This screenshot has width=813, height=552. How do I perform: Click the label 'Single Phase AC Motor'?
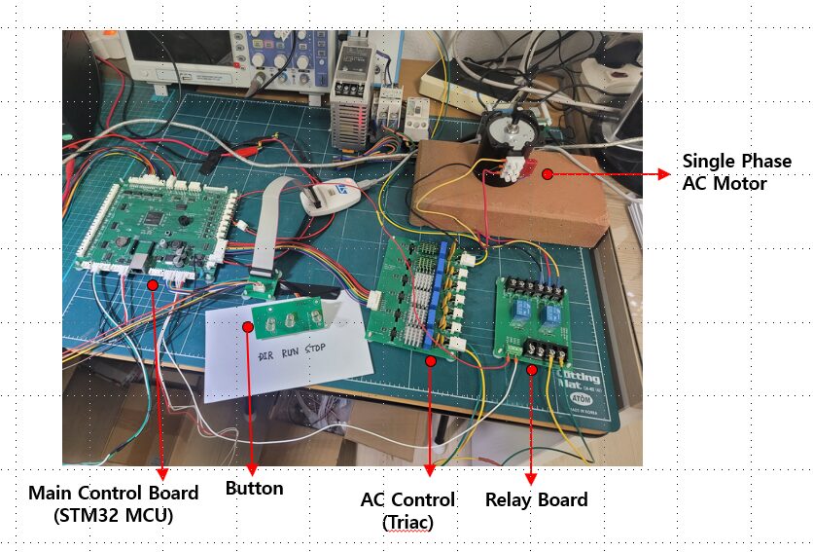click(x=736, y=172)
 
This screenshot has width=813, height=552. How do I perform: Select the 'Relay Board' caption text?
click(x=536, y=500)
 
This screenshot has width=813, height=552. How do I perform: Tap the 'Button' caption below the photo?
click(x=254, y=489)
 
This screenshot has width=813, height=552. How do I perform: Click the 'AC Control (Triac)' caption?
click(x=407, y=510)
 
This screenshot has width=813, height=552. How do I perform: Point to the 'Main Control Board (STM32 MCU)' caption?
click(x=113, y=504)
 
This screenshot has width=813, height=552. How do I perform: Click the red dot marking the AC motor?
click(x=548, y=174)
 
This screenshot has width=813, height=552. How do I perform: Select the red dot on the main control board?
click(x=153, y=285)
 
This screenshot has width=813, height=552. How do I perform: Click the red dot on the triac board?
click(x=430, y=360)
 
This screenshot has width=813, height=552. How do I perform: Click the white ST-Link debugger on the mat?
click(x=326, y=199)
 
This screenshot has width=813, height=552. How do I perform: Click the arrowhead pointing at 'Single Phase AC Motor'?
click(x=664, y=174)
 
